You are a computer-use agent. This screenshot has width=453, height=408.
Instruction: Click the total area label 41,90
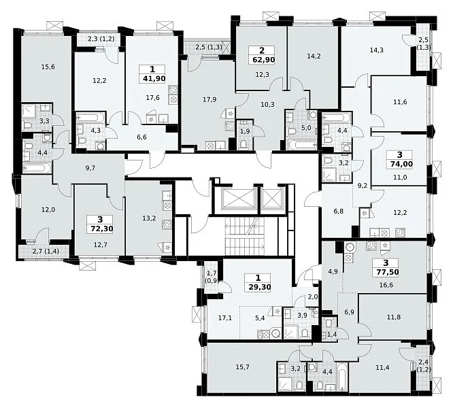(x=152, y=78)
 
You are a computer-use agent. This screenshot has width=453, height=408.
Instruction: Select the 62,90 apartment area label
(x=262, y=60)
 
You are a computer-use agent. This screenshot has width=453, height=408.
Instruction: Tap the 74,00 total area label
(x=399, y=164)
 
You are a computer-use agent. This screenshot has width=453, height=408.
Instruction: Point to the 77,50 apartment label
(x=386, y=272)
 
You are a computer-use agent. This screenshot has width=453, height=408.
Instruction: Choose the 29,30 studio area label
(x=258, y=287)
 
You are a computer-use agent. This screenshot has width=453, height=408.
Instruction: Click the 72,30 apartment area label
(x=100, y=228)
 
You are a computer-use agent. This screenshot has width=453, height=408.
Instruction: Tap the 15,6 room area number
(x=48, y=67)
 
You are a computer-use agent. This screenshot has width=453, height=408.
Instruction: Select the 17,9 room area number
(x=209, y=99)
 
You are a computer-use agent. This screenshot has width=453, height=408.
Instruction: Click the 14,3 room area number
(x=376, y=50)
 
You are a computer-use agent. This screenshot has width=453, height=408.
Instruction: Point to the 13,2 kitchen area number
(x=149, y=218)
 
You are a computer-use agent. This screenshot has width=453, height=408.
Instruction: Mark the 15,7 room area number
(x=242, y=367)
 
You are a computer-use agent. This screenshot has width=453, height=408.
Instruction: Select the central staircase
(x=245, y=236)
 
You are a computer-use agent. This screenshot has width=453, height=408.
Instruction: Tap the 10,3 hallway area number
(x=267, y=105)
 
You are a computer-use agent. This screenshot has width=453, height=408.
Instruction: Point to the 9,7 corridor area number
(x=90, y=168)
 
